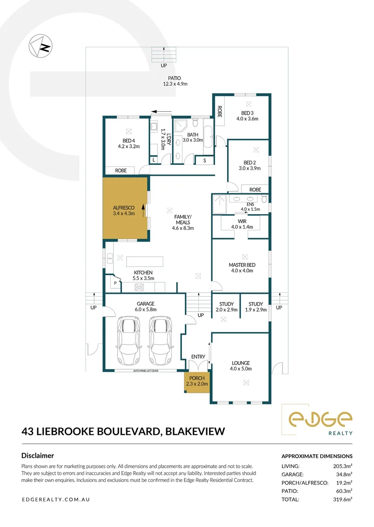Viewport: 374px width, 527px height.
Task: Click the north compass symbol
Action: (x=40, y=46)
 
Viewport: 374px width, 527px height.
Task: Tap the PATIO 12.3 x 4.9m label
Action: (x=175, y=81)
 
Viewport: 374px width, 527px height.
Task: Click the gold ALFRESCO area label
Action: (x=124, y=210)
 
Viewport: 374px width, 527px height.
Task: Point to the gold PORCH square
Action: (x=197, y=382)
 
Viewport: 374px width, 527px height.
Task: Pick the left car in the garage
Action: (x=128, y=341)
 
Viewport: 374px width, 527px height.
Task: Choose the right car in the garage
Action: (x=160, y=341)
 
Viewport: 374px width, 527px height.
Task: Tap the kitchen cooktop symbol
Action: (x=139, y=287)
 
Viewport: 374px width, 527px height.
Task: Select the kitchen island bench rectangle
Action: (x=145, y=262)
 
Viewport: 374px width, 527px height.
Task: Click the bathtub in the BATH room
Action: (x=208, y=137)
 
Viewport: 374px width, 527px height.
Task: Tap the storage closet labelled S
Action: (x=204, y=161)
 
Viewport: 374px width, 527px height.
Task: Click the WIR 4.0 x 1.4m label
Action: (x=242, y=224)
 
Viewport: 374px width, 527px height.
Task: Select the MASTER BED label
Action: (x=242, y=265)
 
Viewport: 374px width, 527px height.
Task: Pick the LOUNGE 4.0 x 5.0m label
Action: (x=241, y=365)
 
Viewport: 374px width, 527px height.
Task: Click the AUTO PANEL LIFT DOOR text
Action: (x=146, y=371)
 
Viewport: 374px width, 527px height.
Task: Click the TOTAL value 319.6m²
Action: (x=342, y=500)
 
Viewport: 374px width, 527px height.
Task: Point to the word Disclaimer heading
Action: (x=38, y=456)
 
